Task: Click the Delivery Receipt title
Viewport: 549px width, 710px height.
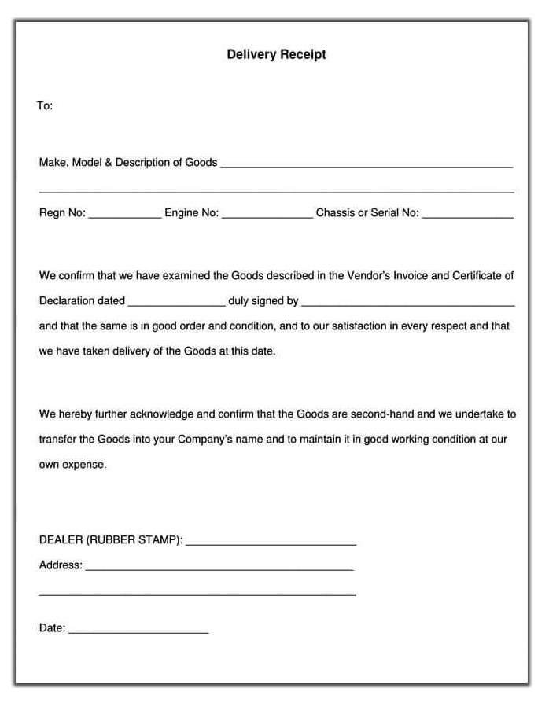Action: click(276, 55)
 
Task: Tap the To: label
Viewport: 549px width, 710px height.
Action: click(45, 105)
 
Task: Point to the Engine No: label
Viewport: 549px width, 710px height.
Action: click(191, 212)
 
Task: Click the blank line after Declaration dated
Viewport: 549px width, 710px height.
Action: click(176, 303)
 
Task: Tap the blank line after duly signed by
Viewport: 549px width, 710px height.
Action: click(407, 303)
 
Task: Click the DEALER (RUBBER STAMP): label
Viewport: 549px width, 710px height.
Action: click(111, 540)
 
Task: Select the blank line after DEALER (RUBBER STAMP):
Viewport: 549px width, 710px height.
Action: click(271, 543)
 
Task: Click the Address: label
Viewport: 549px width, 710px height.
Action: click(61, 565)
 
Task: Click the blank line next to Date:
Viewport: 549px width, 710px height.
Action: click(138, 631)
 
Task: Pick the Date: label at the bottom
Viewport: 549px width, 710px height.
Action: click(52, 628)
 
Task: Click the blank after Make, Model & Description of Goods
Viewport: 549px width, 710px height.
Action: click(366, 166)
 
